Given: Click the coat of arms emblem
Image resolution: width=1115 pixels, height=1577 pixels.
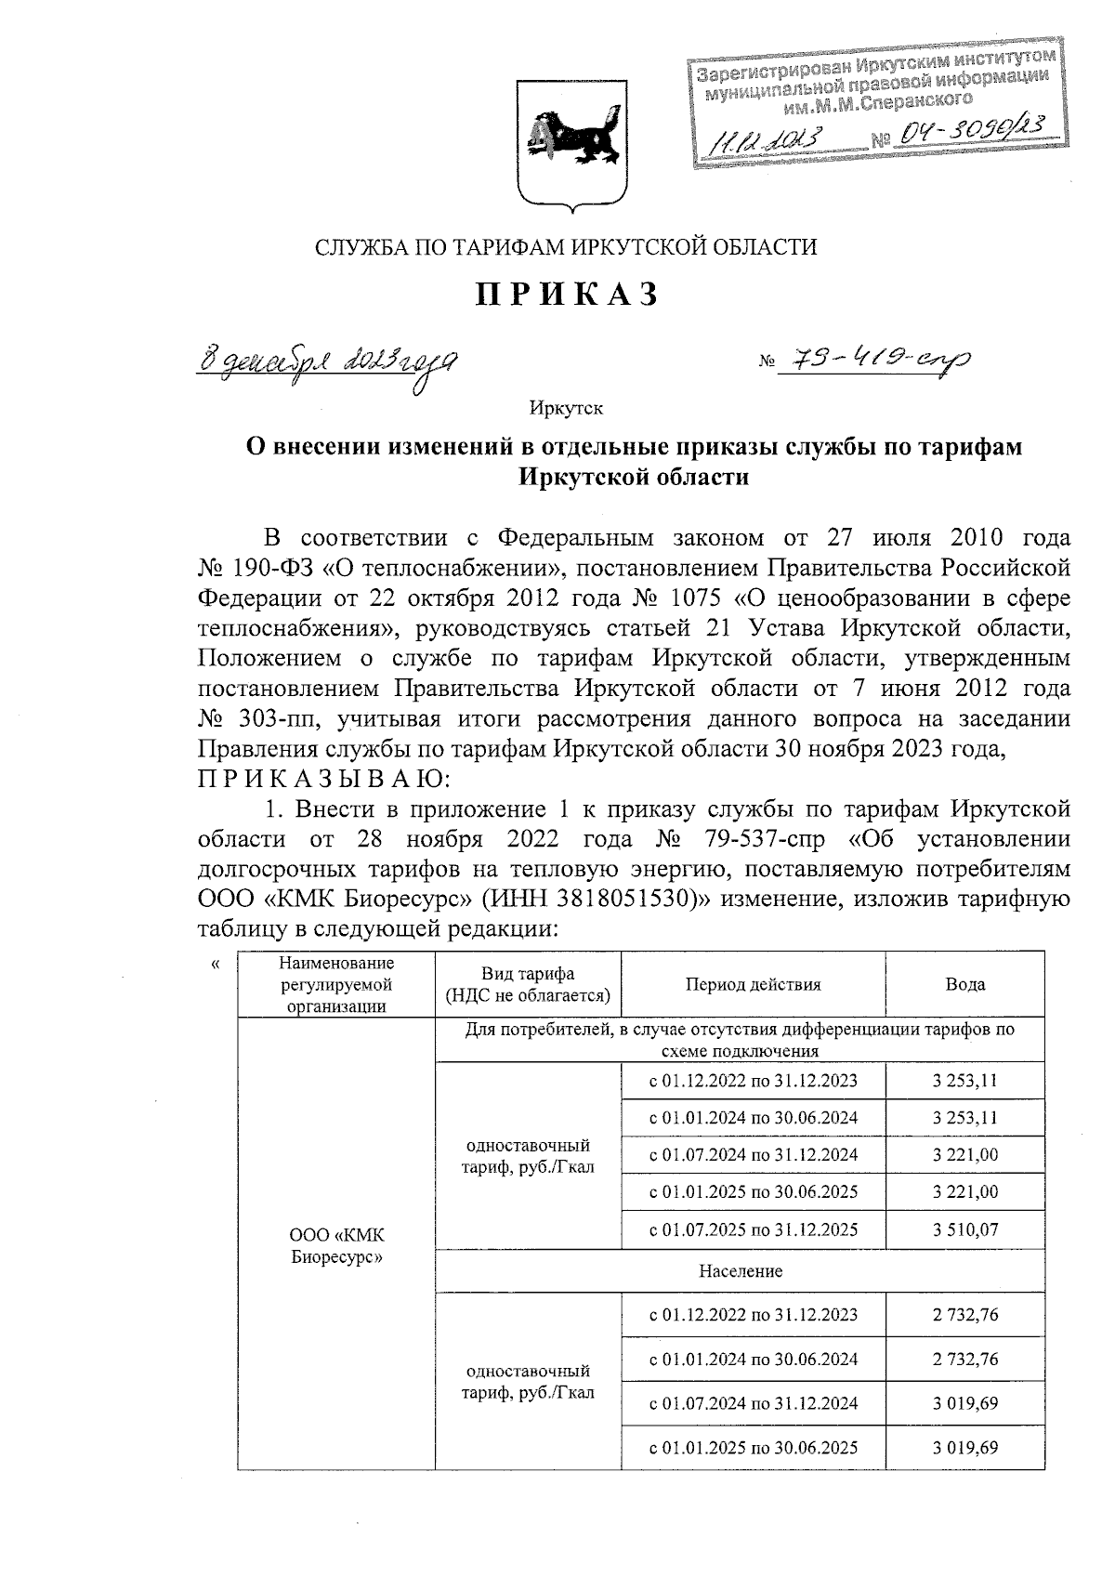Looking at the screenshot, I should coord(568,141).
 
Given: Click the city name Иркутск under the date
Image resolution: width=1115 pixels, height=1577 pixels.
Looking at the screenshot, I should coord(567,407).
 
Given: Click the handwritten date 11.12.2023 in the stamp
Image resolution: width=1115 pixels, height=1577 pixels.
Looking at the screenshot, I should coord(767,141).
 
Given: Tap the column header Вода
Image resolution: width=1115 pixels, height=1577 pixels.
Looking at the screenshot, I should coord(964,984).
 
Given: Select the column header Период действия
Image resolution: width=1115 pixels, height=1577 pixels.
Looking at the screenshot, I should coord(753,984).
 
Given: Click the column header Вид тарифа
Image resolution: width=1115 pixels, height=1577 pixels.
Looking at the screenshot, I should coord(527,984).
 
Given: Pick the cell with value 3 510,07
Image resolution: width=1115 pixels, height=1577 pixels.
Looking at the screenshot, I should coord(965,1229).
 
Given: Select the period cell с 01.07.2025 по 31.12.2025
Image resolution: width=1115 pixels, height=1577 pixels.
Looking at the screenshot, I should coord(753,1229).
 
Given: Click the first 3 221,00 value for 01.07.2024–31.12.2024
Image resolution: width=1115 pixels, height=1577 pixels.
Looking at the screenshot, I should coord(965,1155).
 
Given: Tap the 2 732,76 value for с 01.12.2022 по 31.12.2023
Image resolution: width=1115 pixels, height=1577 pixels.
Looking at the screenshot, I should coord(965,1315).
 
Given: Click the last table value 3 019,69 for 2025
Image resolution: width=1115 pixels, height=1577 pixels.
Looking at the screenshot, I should coord(965,1447).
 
